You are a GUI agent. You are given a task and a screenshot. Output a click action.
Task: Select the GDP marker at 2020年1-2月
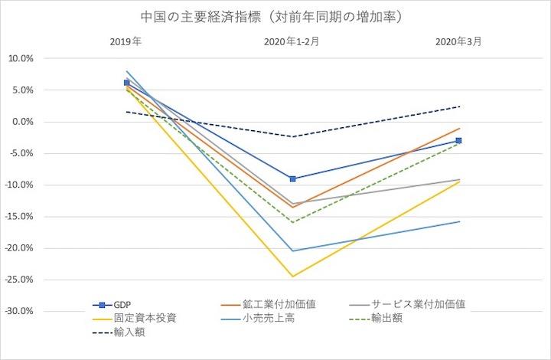coord(293,178)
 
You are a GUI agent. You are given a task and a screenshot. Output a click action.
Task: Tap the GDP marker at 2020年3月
coord(458,141)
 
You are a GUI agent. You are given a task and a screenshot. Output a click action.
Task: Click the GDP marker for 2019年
coord(127,82)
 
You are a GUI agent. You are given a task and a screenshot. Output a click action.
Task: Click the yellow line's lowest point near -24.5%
coord(293,277)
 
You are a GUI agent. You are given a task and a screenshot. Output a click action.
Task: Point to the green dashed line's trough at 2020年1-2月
coord(293,223)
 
